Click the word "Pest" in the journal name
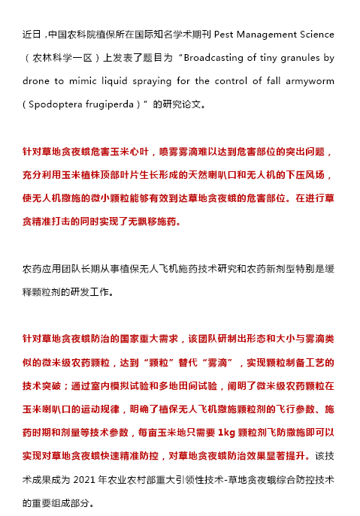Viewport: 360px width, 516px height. (225, 35)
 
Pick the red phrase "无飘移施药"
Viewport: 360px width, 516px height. (150, 222)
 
